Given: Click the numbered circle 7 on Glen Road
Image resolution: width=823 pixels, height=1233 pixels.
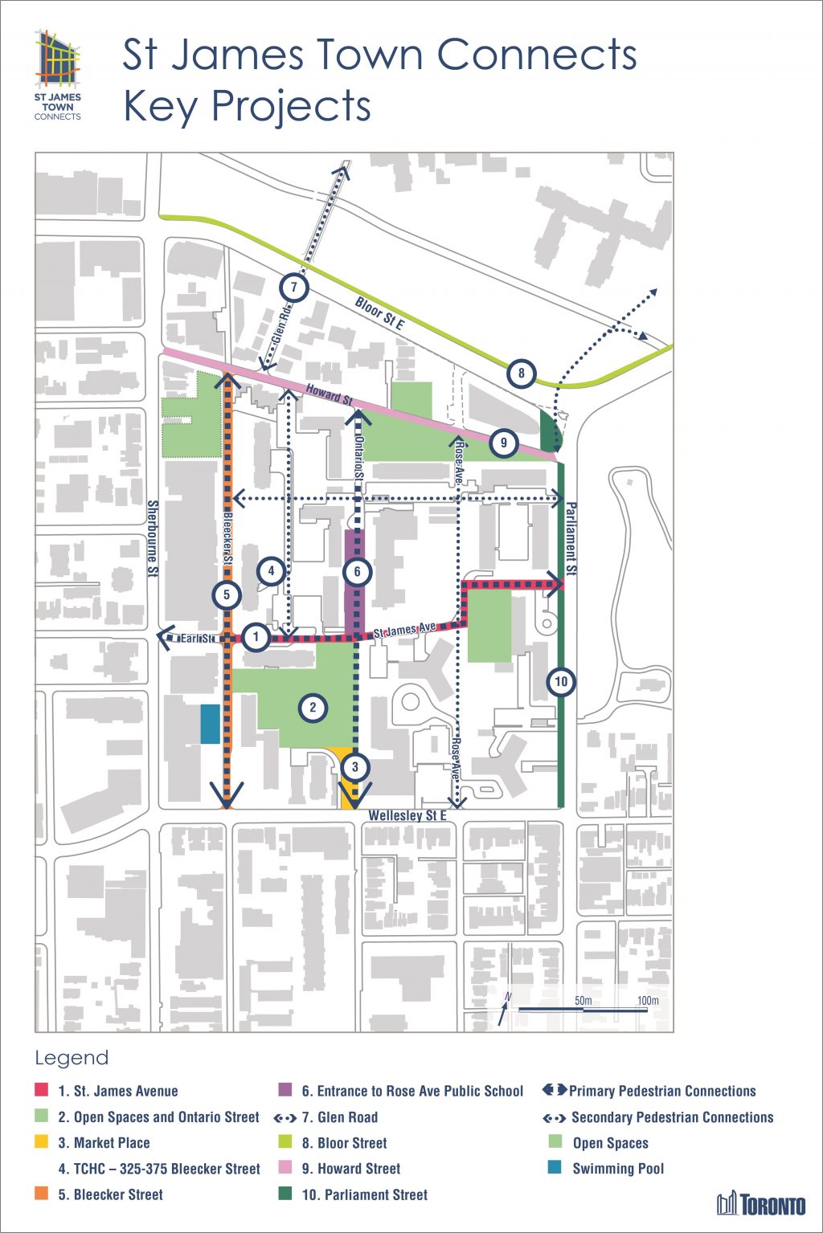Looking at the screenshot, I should [x=294, y=288].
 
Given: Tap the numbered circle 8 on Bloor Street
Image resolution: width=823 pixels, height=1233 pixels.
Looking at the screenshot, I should [x=521, y=373].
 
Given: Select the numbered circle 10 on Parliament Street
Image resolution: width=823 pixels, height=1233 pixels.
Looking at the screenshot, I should [x=561, y=682].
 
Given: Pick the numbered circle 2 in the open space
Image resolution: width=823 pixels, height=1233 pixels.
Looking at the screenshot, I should [x=313, y=708].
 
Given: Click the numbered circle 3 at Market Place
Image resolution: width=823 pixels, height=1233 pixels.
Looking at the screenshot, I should [x=354, y=766].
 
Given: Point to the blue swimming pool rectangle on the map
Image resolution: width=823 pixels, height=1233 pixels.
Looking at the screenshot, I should [x=210, y=724].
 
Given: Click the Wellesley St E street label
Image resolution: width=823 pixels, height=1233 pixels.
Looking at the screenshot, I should [x=407, y=816].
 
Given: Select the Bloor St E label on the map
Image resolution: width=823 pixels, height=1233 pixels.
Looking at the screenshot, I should [x=380, y=313].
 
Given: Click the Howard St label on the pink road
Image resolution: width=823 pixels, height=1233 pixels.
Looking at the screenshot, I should [x=329, y=394].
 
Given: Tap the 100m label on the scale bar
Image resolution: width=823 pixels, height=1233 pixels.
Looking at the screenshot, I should [x=648, y=1000].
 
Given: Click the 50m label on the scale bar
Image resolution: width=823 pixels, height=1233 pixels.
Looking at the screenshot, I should [x=583, y=1000].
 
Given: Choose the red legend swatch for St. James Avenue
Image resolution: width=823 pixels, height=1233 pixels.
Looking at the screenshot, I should [x=42, y=1091].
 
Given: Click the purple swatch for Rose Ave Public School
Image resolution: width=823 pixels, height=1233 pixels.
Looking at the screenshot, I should [x=285, y=1091].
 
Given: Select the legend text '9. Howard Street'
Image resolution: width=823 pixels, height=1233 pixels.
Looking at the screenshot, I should [x=350, y=1169].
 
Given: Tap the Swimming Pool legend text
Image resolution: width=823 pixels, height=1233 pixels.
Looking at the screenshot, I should [x=618, y=1169].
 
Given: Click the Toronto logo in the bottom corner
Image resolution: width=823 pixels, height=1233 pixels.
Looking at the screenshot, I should [x=761, y=1204].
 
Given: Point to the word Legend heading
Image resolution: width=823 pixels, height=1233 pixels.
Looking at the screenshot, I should [x=72, y=1058].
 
